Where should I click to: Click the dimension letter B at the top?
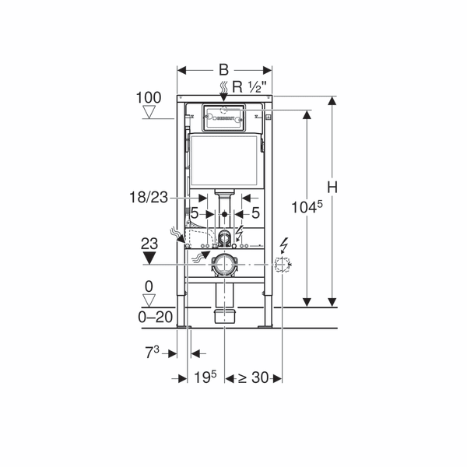pyautogui.click(x=223, y=70)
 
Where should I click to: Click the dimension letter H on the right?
pyautogui.click(x=332, y=188)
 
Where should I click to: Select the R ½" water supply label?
pyautogui.click(x=249, y=87)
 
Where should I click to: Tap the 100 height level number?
pyautogui.click(x=149, y=98)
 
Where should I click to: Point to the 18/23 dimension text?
pyautogui.click(x=149, y=198)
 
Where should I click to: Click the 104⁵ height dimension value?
pyautogui.click(x=307, y=207)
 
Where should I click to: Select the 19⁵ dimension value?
pyautogui.click(x=205, y=377)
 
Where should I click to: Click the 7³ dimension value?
pyautogui.click(x=153, y=352)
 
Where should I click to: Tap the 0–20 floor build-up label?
pyautogui.click(x=155, y=318)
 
